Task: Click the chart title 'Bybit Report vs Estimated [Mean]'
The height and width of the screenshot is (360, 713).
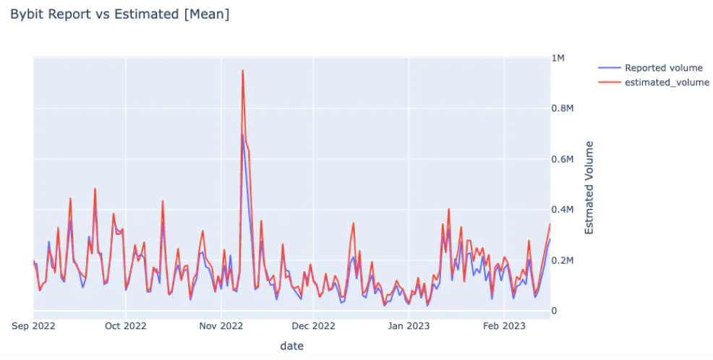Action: point(120,14)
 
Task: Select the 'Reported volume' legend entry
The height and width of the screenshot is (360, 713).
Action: point(663,68)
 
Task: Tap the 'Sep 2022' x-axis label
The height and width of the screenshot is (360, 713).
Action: point(34,327)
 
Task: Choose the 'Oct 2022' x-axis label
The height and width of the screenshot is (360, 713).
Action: point(125,327)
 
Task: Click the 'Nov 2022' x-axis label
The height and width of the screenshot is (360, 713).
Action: point(221,327)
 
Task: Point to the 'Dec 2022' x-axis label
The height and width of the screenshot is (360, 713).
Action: point(313,327)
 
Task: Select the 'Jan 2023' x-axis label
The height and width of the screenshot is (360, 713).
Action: point(409,327)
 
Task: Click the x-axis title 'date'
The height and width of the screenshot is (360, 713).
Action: point(291,346)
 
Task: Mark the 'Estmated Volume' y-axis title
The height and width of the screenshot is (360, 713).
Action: point(589,187)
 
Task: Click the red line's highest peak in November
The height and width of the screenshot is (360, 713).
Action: point(242,71)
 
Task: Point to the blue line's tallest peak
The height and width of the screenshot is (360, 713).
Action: point(242,134)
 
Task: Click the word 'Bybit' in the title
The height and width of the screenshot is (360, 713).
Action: point(26,14)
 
